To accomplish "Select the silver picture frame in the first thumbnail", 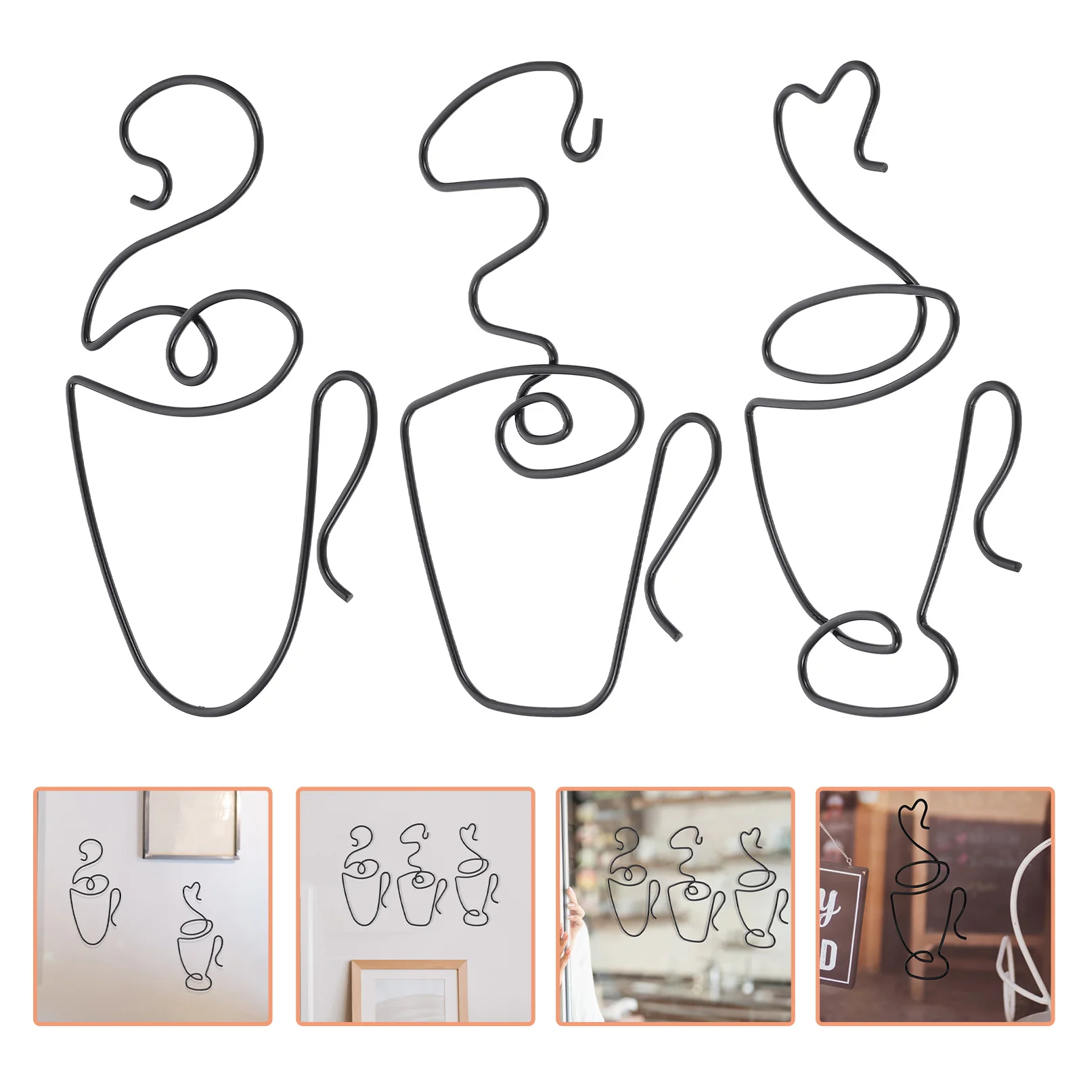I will click(192, 824).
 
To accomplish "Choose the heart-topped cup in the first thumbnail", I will click(199, 941).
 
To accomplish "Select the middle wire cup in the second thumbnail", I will click(420, 880).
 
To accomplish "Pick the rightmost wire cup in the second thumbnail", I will click(477, 880).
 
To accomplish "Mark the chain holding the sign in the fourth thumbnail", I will click(835, 846).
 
